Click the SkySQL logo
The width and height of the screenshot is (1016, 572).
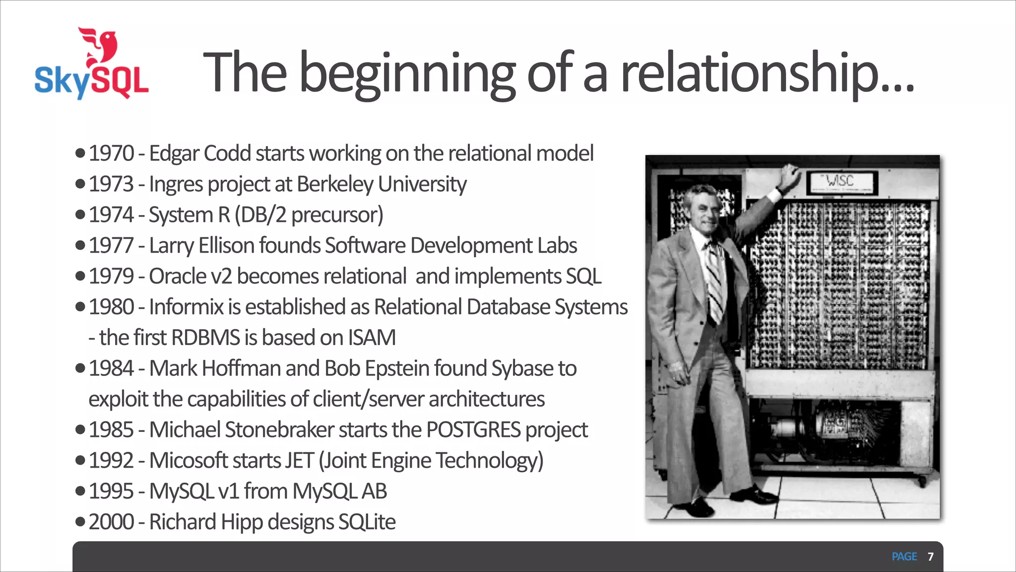tap(92, 65)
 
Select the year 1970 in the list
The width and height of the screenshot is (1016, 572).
tap(112, 153)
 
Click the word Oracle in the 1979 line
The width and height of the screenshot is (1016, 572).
tap(178, 277)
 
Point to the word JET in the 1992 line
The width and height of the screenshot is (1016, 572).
tap(298, 461)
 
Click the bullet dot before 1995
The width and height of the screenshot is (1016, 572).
tap(80, 492)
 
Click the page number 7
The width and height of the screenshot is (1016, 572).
tap(931, 557)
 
